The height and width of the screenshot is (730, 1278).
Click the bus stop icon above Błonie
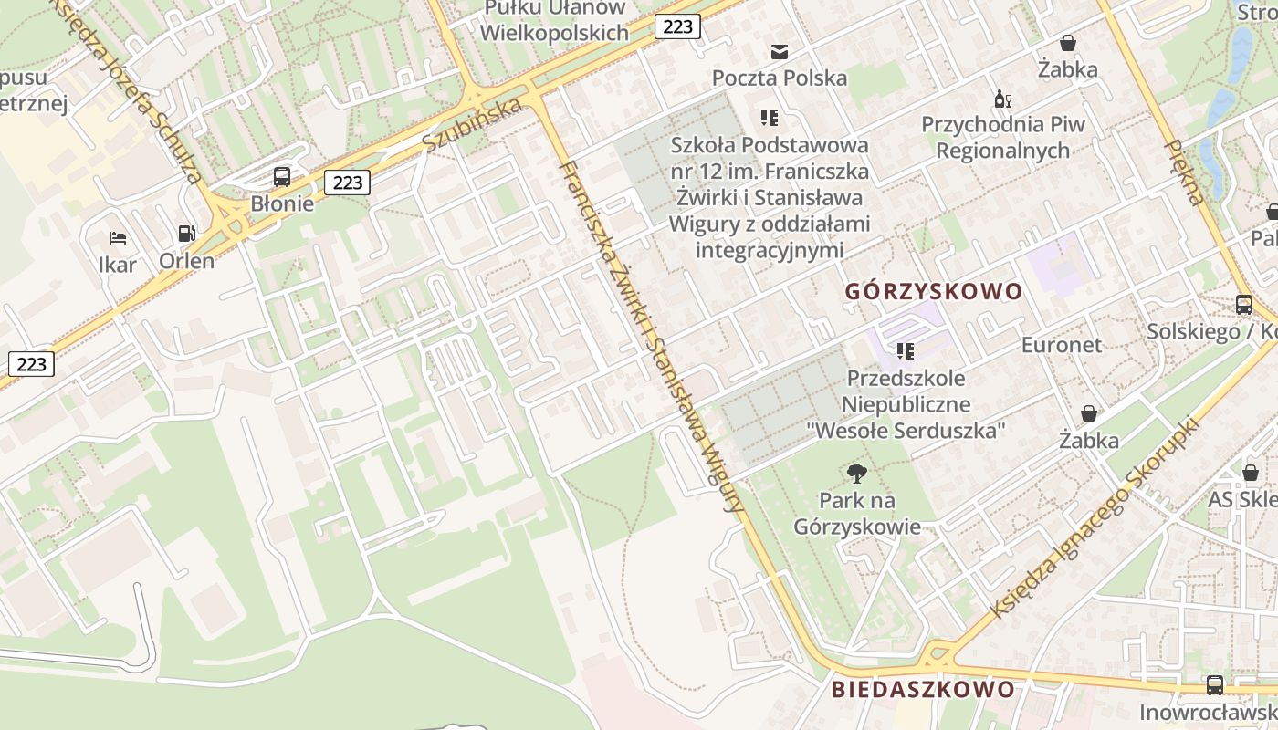pyautogui.click(x=282, y=177)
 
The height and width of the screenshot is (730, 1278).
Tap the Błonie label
pyautogui.click(x=282, y=203)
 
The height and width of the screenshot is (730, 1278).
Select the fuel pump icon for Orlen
pyautogui.click(x=187, y=234)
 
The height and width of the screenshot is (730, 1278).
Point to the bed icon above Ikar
pyautogui.click(x=118, y=238)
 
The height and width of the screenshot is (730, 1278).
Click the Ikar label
pyautogui.click(x=118, y=265)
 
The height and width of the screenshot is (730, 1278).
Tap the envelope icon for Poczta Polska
pyautogui.click(x=780, y=51)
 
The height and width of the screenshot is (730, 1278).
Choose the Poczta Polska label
pyautogui.click(x=780, y=78)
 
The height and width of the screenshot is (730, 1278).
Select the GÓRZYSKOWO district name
pyautogui.click(x=933, y=292)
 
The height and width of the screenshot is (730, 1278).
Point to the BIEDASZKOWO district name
pyautogui.click(x=923, y=689)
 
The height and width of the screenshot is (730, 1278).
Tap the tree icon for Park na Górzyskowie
pyautogui.click(x=856, y=473)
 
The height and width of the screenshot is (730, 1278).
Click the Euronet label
pyautogui.click(x=1062, y=345)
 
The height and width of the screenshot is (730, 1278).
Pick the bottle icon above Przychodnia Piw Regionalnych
pyautogui.click(x=1002, y=99)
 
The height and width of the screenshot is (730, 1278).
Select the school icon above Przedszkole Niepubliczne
pyautogui.click(x=906, y=350)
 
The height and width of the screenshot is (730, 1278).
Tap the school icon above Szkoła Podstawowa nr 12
pyautogui.click(x=770, y=118)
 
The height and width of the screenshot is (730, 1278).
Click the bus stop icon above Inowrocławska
pyautogui.click(x=1215, y=684)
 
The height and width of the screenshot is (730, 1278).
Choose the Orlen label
pyautogui.click(x=187, y=261)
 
